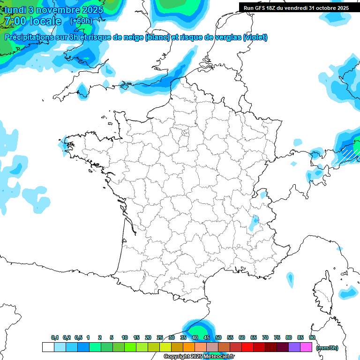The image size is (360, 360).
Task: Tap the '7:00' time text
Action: pyautogui.click(x=14, y=22)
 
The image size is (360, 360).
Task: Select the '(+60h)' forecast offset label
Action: pyautogui.click(x=81, y=21)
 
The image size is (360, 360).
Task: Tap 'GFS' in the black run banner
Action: pyautogui.click(x=260, y=8)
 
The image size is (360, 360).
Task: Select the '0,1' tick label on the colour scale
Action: pyautogui.click(x=55, y=338)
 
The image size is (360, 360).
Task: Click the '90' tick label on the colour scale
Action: pyautogui.click(x=312, y=338)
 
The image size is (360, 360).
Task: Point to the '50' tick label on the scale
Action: pyautogui.click(x=218, y=338)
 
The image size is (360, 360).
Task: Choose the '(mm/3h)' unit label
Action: pyautogui.click(x=327, y=347)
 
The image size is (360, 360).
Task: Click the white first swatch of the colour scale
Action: pyautogui.click(x=48, y=347)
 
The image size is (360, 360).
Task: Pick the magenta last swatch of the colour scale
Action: pyautogui.click(x=307, y=347)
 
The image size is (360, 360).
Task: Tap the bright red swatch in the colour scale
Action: pyautogui.click(x=247, y=347)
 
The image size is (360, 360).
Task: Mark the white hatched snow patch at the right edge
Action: pyautogui.click(x=349, y=153)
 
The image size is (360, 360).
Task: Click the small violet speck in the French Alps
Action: pyautogui.click(x=256, y=219)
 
